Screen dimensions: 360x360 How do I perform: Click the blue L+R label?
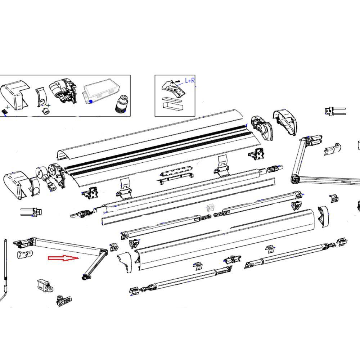190,80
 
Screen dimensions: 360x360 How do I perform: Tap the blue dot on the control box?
91,102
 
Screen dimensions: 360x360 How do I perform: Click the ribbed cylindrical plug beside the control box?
121,104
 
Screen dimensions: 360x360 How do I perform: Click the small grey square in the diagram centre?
210,208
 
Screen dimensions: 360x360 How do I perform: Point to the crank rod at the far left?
6,266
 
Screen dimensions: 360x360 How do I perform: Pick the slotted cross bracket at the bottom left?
64,300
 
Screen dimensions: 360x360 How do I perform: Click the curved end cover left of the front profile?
125,262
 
